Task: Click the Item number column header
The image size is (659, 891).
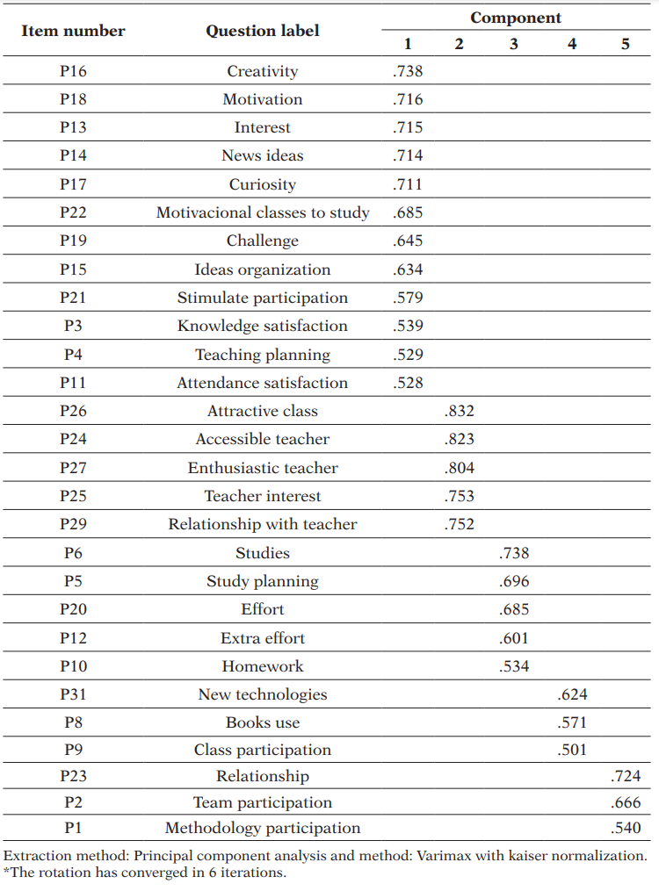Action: point(73,31)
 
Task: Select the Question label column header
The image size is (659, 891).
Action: point(263,31)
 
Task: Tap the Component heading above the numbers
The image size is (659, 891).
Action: point(516,18)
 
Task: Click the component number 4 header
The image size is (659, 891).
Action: point(572,44)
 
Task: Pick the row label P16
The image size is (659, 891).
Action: point(73,71)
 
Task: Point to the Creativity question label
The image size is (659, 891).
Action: point(263,71)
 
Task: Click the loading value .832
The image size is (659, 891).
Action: point(460,411)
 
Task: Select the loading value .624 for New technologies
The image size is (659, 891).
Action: point(572,694)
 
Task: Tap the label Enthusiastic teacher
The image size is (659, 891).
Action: point(263,468)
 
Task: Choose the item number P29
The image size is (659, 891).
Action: point(73,524)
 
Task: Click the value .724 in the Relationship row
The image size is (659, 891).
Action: point(626,776)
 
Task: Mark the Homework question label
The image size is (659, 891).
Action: point(263,666)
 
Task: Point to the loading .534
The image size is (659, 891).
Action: point(514,666)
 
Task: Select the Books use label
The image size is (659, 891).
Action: point(263,722)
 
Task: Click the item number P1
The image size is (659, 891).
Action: point(73,828)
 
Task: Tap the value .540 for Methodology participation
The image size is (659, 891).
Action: point(626,828)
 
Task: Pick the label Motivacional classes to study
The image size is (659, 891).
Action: point(263,212)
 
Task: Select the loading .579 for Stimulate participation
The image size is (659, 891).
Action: point(408,298)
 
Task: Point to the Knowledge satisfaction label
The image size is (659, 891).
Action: point(263,326)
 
